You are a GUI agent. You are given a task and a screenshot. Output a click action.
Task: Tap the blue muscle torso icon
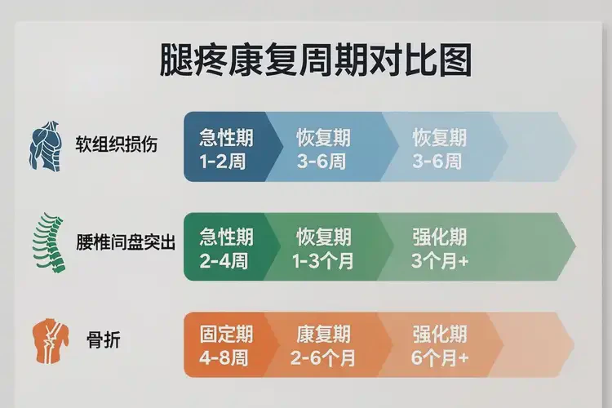[x=47, y=147]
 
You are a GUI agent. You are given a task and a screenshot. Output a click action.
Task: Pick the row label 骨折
[x=103, y=342]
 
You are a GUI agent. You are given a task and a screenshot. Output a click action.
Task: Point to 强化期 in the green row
[x=440, y=237]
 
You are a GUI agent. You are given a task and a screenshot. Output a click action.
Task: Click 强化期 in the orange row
[x=440, y=334]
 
